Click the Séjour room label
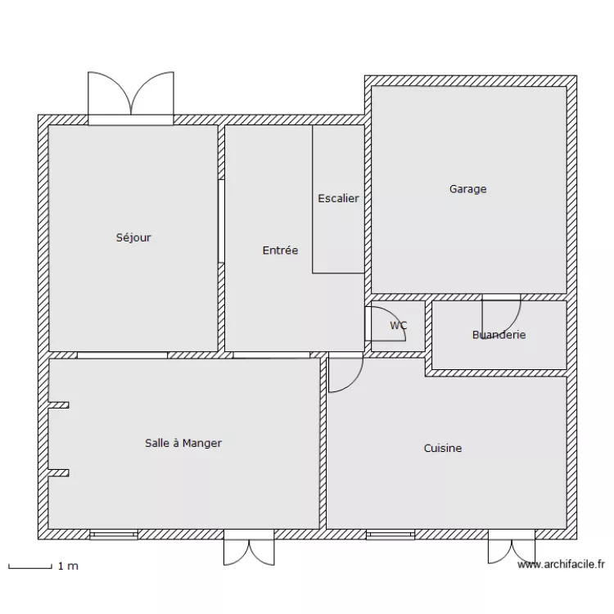[133, 238]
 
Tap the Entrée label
[280, 251]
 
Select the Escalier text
[338, 198]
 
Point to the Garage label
[467, 189]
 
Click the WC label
[399, 326]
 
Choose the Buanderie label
[499, 335]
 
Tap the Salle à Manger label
[183, 443]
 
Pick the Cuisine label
[443, 448]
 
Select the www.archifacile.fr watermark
[561, 564]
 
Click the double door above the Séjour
[130, 97]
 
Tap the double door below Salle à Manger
[249, 549]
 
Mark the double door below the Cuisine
[512, 548]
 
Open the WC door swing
[381, 323]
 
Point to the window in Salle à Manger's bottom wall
[114, 535]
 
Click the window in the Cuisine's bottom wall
[390, 535]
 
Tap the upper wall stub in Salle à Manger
[59, 404]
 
